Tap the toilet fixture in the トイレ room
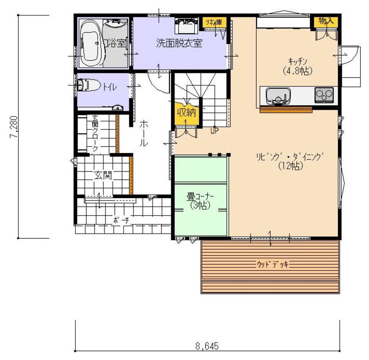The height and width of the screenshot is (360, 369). click(88, 85)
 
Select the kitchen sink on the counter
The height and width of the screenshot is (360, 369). click(278, 95)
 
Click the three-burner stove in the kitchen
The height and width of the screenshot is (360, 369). click(324, 95)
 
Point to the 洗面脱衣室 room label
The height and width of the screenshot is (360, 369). click(179, 43)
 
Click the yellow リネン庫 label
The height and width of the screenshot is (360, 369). click(214, 22)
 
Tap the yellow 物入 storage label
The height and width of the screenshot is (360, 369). click(326, 21)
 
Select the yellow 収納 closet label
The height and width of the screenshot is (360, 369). click(187, 113)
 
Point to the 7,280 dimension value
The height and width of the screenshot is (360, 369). click(14, 127)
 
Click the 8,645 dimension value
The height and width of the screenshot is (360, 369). click(207, 346)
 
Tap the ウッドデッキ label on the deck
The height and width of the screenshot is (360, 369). click(273, 264)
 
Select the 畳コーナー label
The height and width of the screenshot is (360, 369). click(200, 197)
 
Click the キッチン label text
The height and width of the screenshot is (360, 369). click(298, 61)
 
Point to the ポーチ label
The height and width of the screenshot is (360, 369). click(121, 220)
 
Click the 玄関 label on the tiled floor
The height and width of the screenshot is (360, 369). click(103, 175)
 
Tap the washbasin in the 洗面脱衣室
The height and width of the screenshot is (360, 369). click(186, 26)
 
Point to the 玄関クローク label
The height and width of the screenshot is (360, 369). click(95, 133)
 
